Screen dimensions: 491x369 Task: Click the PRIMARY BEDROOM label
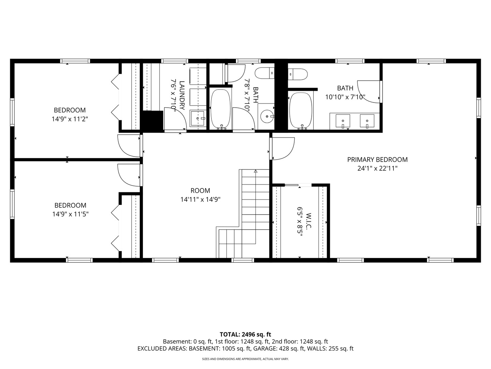click(x=377, y=160)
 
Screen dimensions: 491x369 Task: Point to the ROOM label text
click(x=200, y=191)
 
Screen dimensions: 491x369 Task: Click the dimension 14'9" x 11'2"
click(x=70, y=119)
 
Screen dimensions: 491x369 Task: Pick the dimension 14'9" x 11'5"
click(x=71, y=214)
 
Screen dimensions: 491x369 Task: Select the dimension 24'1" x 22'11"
click(x=377, y=168)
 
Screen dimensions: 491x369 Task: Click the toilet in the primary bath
click(x=298, y=74)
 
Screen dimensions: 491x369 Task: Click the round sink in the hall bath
click(x=267, y=116)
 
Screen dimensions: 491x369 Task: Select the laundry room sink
click(x=197, y=118)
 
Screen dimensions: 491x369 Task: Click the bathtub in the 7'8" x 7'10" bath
click(x=221, y=109)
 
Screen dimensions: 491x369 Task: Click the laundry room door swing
click(x=175, y=119)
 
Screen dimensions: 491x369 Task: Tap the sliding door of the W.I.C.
click(x=292, y=185)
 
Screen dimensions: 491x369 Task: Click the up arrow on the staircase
click(x=255, y=171)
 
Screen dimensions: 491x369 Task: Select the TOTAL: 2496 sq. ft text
click(x=245, y=334)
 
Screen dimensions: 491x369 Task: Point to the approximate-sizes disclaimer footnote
click(x=245, y=359)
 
